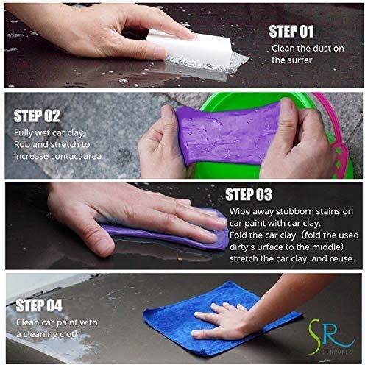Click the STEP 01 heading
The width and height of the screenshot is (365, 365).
(291, 32)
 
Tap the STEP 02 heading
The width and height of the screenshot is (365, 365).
(37, 116)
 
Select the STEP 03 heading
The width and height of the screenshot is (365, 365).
(249, 194)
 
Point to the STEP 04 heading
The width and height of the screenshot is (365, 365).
(39, 305)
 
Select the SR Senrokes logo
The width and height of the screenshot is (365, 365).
(332, 336)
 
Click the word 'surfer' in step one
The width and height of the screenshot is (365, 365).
(300, 60)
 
